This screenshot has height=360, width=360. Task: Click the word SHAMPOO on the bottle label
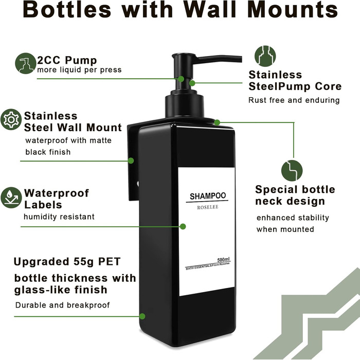208,196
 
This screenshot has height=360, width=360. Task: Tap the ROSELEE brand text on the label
208,207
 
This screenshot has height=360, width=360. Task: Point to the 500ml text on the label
223,260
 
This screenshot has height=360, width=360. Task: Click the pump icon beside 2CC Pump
26,63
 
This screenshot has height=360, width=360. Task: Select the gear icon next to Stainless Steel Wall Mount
11,119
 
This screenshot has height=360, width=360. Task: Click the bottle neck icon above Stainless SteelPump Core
265,56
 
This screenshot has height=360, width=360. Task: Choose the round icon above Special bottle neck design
292,171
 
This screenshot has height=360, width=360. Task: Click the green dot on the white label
183,227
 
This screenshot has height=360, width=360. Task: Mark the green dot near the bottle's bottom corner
142,316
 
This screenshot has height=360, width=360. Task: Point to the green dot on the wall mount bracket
131,160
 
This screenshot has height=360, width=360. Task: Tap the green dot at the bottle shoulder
217,122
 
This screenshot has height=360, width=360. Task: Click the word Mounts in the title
293,10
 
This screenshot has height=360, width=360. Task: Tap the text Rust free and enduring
294,100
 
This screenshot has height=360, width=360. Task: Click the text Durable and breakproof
62,305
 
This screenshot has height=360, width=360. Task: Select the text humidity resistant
59,217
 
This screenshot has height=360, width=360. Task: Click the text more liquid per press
79,70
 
